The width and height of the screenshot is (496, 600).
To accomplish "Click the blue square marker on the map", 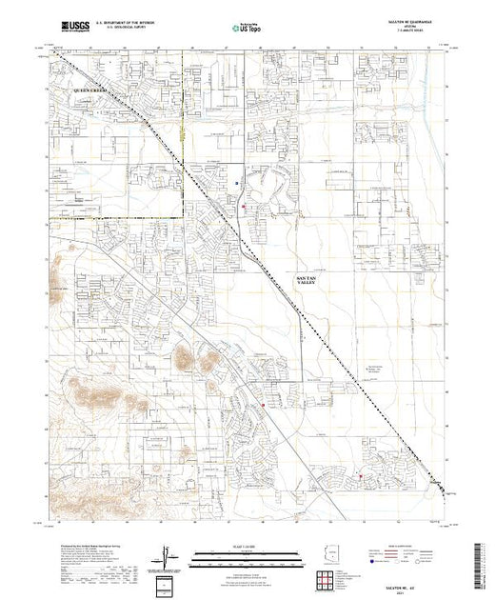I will (236, 178).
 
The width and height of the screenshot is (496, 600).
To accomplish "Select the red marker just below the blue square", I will (244, 205).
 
